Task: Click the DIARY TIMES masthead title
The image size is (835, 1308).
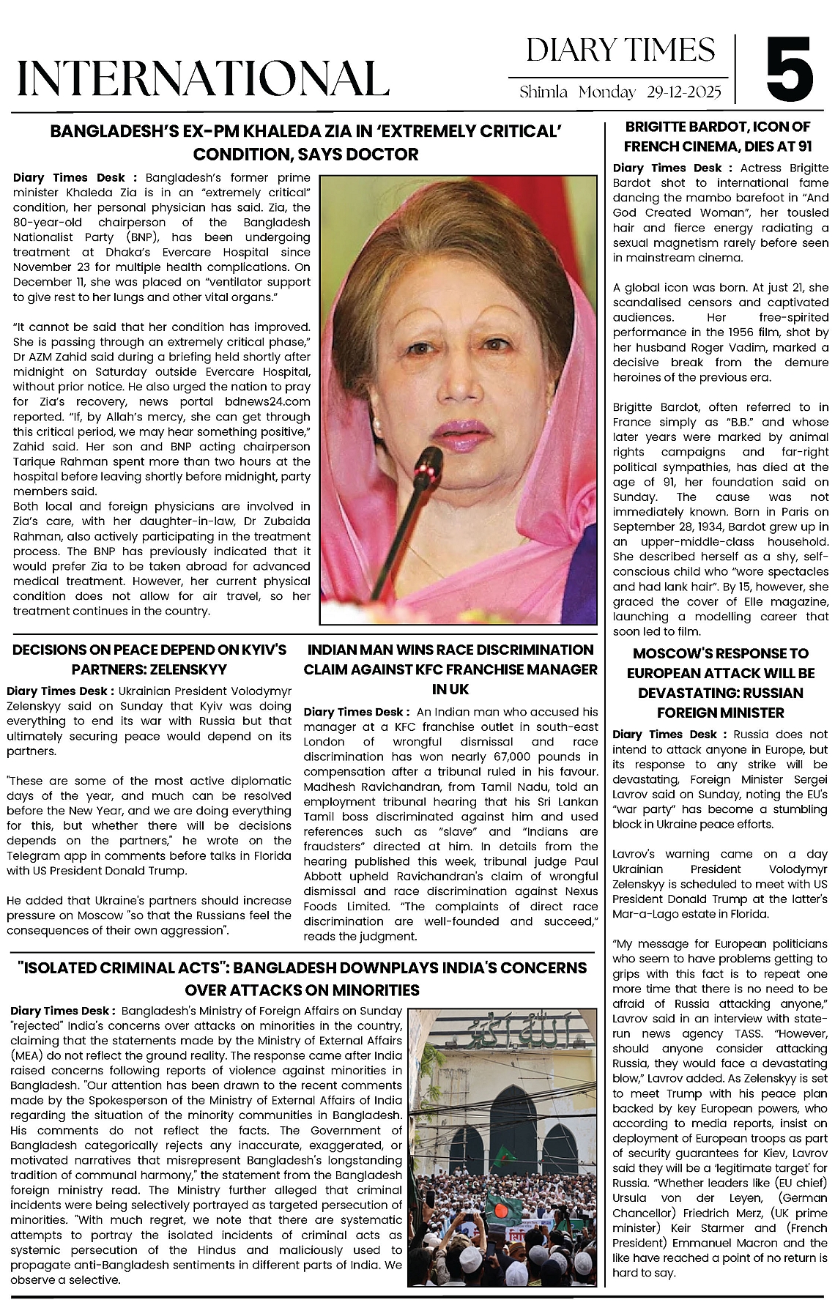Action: [x=620, y=50]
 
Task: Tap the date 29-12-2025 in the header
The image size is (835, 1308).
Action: [x=684, y=93]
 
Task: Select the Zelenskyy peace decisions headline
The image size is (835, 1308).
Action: [x=149, y=659]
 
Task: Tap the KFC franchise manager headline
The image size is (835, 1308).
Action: [x=450, y=669]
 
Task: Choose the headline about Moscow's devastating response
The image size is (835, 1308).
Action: [x=721, y=683]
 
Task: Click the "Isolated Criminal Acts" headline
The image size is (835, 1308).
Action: [x=303, y=978]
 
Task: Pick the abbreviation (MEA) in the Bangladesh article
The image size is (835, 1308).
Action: [x=26, y=1055]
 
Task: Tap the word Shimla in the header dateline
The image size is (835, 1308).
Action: [x=543, y=93]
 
